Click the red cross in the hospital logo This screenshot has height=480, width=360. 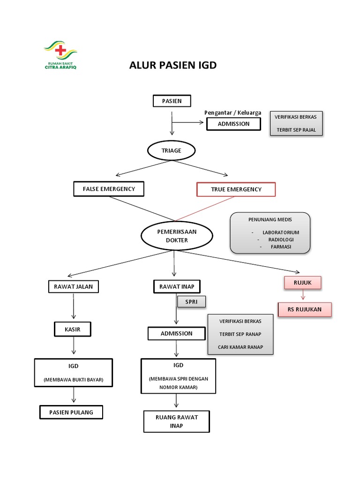[x=60, y=50]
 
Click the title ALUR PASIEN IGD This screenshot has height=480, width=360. [x=173, y=65]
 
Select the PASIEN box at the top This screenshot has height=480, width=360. [x=172, y=101]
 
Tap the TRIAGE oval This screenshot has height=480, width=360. [x=171, y=151]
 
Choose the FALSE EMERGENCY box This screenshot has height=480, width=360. [x=109, y=189]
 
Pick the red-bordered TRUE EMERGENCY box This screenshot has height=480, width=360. [x=236, y=189]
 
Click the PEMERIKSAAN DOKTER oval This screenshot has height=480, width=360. [x=176, y=236]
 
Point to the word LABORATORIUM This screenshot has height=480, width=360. [x=280, y=232]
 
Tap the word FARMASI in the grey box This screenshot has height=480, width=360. [x=281, y=247]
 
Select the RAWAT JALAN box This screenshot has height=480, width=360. [x=74, y=286]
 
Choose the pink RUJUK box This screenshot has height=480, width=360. [x=302, y=283]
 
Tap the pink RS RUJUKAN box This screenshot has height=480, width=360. [x=305, y=309]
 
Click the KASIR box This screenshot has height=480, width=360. [x=73, y=330]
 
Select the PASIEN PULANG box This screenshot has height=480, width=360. [x=71, y=412]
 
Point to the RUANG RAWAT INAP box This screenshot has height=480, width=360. [x=177, y=421]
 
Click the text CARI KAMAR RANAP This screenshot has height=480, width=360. [x=240, y=347]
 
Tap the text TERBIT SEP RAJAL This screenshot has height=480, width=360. [x=296, y=130]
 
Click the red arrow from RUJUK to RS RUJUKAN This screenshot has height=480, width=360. [x=303, y=295]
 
